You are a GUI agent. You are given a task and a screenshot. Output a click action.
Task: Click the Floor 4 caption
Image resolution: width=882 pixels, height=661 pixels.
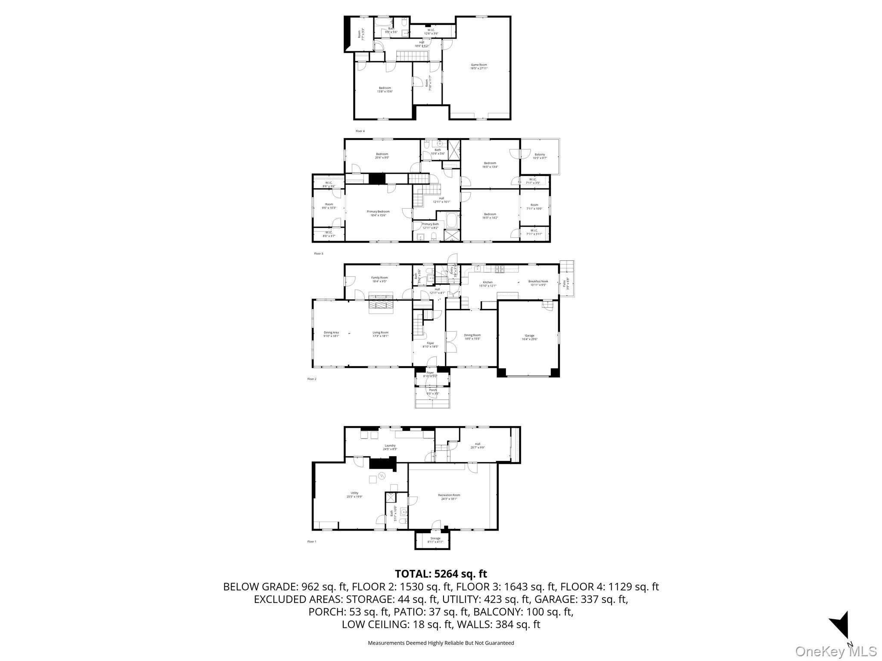click(x=360, y=131)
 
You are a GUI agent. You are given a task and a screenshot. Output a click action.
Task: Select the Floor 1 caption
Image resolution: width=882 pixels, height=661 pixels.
click(x=311, y=541)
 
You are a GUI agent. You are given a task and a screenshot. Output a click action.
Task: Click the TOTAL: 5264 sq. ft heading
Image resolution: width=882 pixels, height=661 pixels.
click(x=441, y=574)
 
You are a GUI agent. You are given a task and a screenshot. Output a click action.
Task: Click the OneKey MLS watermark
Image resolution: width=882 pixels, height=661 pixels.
click(x=836, y=651)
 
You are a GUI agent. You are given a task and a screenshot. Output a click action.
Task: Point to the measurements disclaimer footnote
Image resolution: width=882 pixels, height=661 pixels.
click(x=441, y=643)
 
